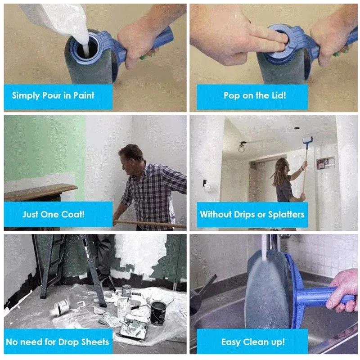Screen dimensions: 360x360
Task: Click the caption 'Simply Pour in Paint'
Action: click(x=53, y=95)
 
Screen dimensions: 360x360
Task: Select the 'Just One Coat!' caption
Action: click(x=53, y=214)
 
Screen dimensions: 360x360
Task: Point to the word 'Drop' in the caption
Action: click(x=68, y=342)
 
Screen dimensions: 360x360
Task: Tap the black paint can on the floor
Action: click(x=157, y=312)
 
